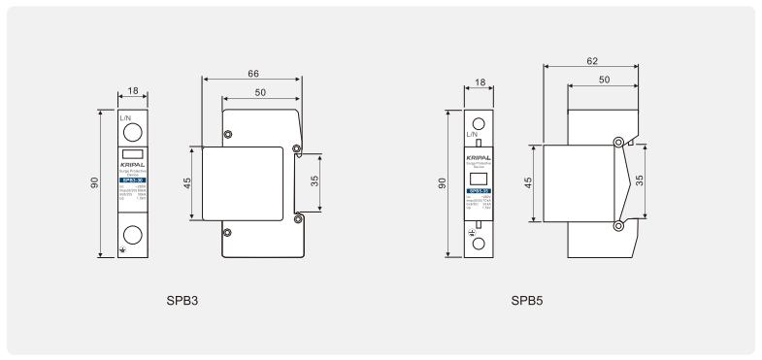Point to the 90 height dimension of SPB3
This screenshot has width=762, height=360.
[94, 183]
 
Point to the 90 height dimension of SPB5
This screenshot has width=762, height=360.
[440, 183]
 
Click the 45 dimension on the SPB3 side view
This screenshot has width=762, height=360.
[187, 183]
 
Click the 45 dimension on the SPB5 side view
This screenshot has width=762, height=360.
[529, 183]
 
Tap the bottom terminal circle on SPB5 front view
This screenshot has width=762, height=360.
[477, 244]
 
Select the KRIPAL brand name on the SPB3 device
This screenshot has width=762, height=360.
[133, 166]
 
